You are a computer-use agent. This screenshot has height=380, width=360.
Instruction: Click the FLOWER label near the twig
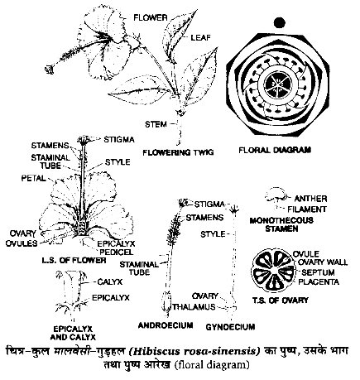[x=151, y=18]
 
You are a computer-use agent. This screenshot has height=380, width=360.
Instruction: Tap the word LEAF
[x=200, y=37]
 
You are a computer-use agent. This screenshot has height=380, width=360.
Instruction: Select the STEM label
[x=156, y=124]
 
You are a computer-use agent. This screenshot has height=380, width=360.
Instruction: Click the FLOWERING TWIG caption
[x=178, y=152]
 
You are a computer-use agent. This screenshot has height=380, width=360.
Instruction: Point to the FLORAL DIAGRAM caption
[x=275, y=150]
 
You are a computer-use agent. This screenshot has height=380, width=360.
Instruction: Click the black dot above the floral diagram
[x=280, y=22]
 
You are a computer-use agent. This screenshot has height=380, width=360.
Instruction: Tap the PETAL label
[x=34, y=178]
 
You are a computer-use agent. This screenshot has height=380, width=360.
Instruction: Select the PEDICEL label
[x=117, y=252]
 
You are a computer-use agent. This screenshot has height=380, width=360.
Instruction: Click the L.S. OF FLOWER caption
[x=74, y=260]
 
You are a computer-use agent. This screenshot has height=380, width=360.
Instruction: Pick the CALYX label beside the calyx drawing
[x=110, y=281]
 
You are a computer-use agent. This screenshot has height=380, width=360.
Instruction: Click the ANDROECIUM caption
[x=166, y=325]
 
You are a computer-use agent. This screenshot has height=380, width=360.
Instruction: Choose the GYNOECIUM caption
[x=230, y=327]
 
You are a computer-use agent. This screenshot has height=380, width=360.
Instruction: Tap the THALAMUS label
[x=194, y=307]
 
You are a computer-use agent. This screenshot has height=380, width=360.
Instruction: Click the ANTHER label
[x=310, y=199]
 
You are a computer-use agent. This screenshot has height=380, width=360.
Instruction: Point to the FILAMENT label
[x=307, y=209]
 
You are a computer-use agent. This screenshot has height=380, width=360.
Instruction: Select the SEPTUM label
[x=318, y=272]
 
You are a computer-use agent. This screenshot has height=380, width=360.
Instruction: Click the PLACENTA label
[x=319, y=281]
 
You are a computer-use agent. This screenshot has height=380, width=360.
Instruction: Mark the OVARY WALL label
[x=323, y=262]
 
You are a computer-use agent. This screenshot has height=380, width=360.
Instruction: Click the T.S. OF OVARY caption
[x=281, y=301]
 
